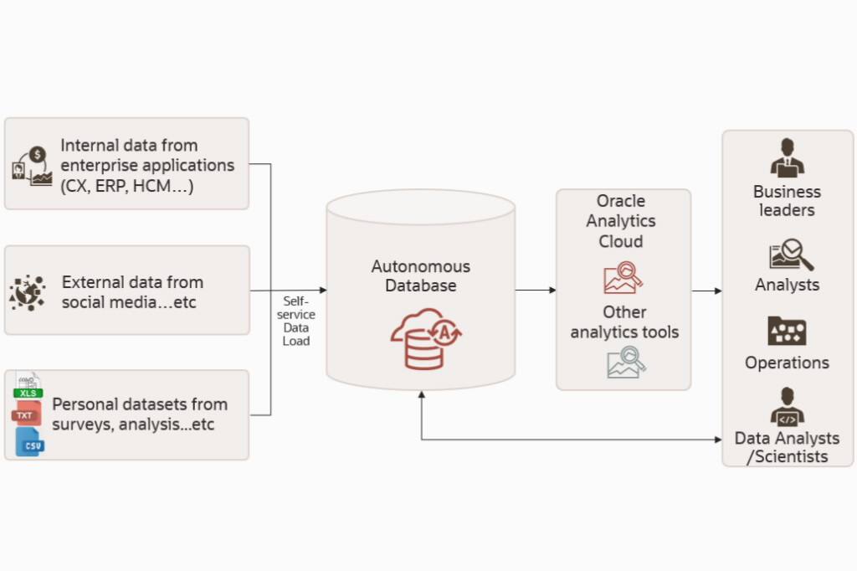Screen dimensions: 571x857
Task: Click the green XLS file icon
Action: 28,389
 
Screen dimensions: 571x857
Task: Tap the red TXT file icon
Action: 25,414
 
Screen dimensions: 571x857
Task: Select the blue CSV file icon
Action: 31,442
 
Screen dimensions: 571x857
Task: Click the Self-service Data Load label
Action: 296,321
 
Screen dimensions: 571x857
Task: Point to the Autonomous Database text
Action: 421,275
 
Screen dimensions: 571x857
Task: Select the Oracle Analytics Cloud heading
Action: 621,221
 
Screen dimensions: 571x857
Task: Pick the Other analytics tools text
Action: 624,322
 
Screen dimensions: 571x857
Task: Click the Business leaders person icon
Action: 787,157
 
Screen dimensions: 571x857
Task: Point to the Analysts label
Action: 787,285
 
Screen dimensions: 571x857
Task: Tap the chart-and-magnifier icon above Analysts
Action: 790,255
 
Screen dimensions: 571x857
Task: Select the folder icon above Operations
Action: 787,332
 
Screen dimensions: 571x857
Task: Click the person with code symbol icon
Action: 787,407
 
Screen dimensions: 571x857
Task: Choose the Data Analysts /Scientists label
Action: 787,447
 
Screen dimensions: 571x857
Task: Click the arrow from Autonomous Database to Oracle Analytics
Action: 536,290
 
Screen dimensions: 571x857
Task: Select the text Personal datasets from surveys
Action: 140,414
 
